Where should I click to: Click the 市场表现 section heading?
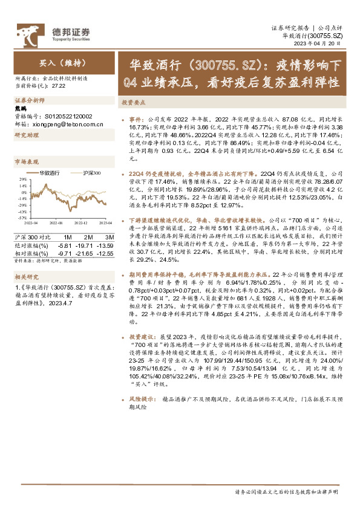click(x=26, y=162)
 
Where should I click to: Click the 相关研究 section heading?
click(x=26, y=276)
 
